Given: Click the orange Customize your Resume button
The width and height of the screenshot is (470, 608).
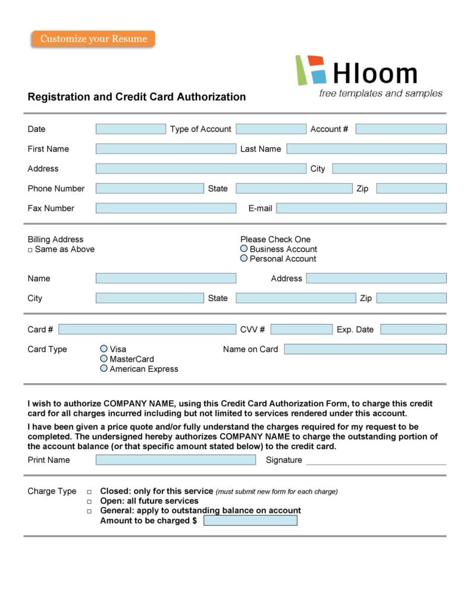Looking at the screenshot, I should pos(93,39).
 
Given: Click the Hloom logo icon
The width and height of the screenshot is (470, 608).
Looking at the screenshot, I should pos(311,70).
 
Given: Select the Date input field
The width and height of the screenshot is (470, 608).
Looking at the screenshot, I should pos(130,129).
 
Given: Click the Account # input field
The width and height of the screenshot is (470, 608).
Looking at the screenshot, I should pos(400,129).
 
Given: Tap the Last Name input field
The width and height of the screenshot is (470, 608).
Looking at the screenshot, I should pos(366,149).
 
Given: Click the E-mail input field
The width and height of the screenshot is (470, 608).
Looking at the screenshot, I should pos(361,208).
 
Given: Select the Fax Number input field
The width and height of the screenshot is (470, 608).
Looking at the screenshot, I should pos(165,208).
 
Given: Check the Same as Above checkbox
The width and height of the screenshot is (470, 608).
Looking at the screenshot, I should pos(30,250).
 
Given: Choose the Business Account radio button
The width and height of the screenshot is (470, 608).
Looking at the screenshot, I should pos(244,249).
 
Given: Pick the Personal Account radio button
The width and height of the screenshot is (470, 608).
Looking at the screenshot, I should pos(244,259).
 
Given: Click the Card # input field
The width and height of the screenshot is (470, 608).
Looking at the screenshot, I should pos(147,330).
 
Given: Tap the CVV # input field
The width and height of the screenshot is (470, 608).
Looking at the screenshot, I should pos(301,330).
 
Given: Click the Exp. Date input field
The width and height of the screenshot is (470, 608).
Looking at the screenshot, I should pos(413,330).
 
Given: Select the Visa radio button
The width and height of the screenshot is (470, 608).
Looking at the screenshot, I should pos(104,349).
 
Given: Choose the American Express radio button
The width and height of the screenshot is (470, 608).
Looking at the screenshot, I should pos(104,369).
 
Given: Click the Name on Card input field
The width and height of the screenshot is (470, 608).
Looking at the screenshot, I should pos(365,349).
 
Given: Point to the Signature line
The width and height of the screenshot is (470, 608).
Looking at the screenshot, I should pos(376,461).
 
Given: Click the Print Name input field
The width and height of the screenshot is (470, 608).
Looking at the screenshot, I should pos(176,460).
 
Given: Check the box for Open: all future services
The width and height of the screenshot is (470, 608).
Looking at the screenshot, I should pos(89,502).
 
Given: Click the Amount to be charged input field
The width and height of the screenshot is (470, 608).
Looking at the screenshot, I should pos(250,521).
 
